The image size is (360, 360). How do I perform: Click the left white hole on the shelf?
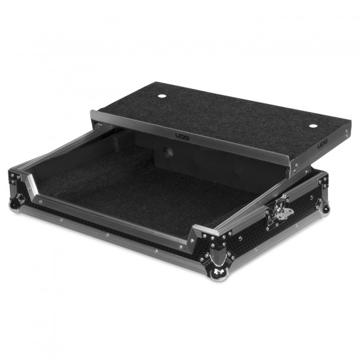(161, 96)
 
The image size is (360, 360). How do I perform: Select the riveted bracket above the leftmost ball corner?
(16, 179)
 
